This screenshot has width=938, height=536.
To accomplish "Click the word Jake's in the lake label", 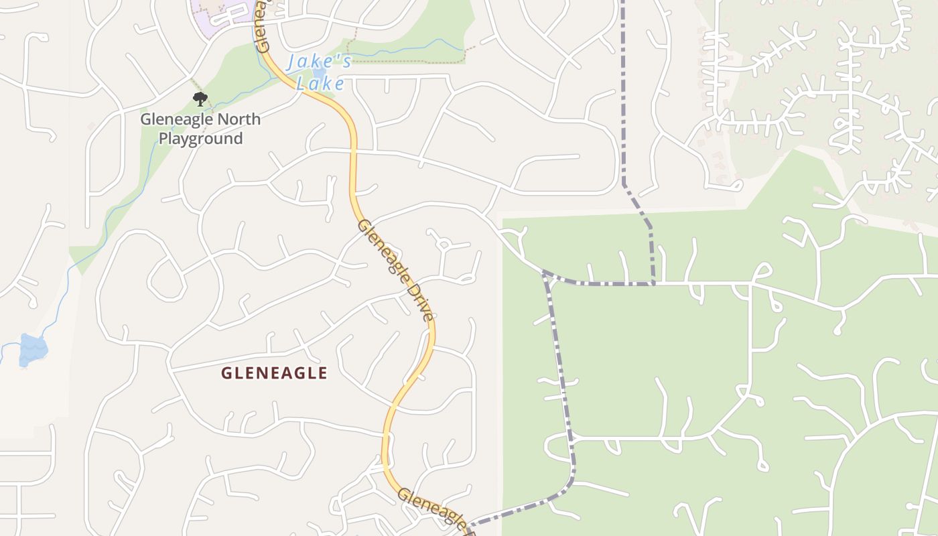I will pyautogui.click(x=319, y=62).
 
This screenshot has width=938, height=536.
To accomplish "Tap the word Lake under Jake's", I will pyautogui.click(x=320, y=84).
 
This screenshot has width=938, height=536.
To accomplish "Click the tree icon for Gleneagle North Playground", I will pyautogui.click(x=200, y=100).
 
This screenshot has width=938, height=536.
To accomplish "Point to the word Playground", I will pyautogui.click(x=200, y=139).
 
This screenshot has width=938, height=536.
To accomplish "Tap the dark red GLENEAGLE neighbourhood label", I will pyautogui.click(x=274, y=373).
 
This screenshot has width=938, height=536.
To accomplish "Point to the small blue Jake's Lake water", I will pyautogui.click(x=319, y=72).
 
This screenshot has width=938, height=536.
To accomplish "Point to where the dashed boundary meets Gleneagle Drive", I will pyautogui.click(x=469, y=525).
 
